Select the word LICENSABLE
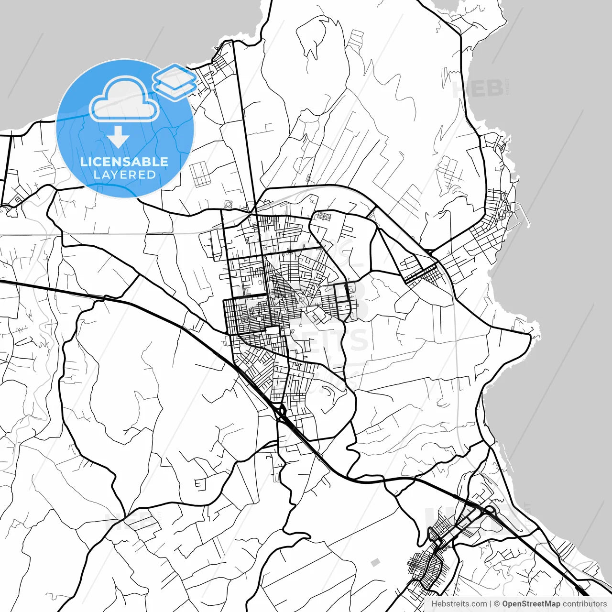click(124, 162)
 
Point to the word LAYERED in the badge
click(124, 175)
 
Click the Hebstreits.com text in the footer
click(459, 604)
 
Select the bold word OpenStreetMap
click(531, 604)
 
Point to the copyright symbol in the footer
click(497, 604)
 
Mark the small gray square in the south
click(375, 562)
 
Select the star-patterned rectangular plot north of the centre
click(324, 217)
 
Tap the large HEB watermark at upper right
click(478, 89)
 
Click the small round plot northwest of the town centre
click(229, 205)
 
